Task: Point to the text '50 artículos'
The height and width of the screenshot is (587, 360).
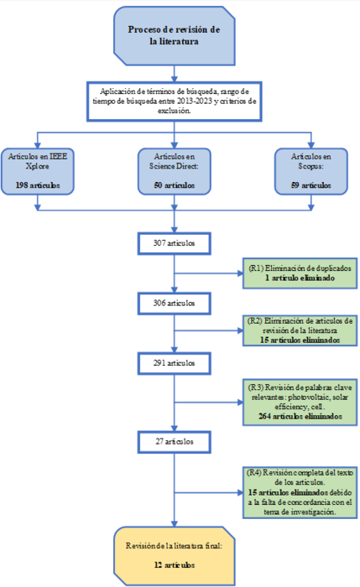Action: tap(174, 184)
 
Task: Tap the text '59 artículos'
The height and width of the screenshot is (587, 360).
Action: tap(310, 184)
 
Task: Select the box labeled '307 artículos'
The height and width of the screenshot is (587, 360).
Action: tap(174, 242)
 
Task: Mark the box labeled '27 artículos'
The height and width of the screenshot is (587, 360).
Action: tap(174, 440)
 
